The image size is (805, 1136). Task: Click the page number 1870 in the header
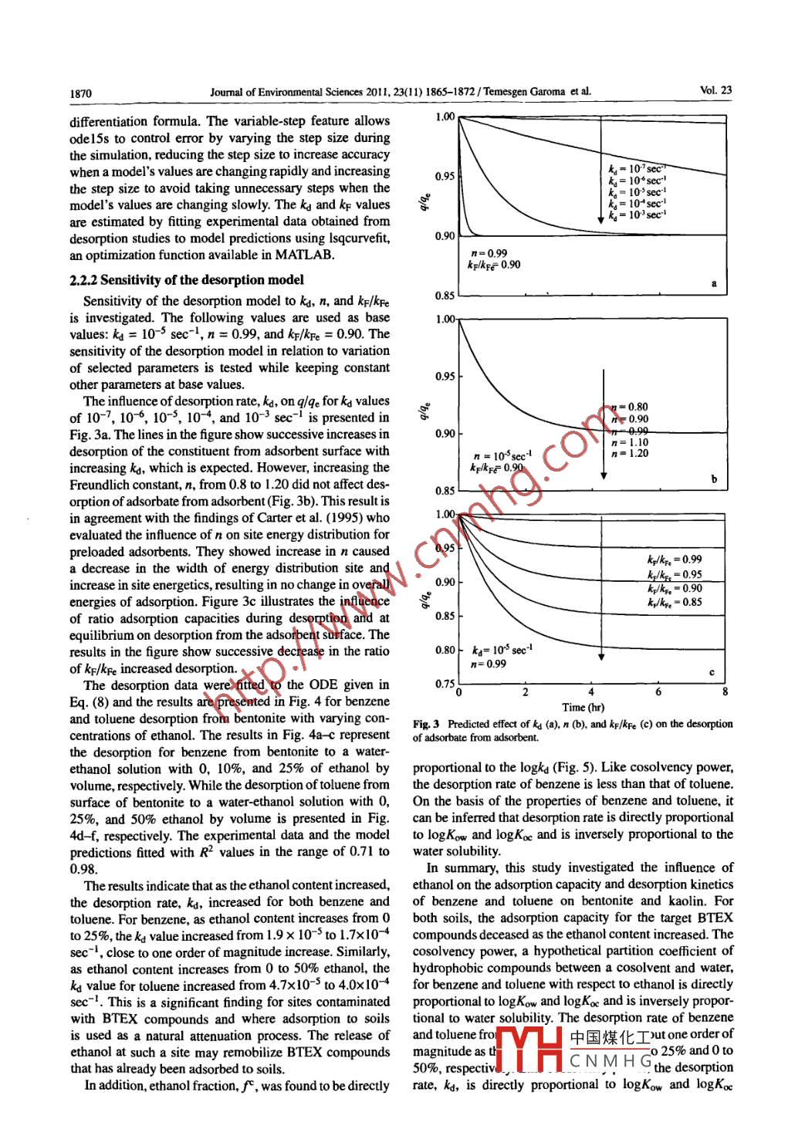(x=80, y=94)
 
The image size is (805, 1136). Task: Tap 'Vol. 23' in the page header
(x=715, y=90)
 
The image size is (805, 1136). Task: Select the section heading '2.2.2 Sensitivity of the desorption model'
(x=186, y=280)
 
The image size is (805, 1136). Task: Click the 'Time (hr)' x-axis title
(x=583, y=707)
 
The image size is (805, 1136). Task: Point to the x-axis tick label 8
(x=725, y=692)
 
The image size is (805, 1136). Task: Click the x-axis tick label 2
(x=526, y=692)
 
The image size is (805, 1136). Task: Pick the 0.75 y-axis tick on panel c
(x=445, y=684)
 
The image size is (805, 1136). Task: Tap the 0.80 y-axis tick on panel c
(x=445, y=650)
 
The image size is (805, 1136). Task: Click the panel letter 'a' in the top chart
(x=714, y=284)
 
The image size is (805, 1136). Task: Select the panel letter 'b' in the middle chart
(x=714, y=479)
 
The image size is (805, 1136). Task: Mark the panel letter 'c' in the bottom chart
(x=712, y=672)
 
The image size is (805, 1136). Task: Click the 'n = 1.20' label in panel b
(x=630, y=454)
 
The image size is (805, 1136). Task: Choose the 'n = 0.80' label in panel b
(x=630, y=407)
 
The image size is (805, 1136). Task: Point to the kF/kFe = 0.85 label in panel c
(x=675, y=603)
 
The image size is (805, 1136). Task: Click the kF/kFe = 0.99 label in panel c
(x=675, y=560)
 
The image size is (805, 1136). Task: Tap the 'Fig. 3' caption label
(x=426, y=724)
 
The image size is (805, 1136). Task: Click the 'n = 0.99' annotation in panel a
(x=489, y=253)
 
